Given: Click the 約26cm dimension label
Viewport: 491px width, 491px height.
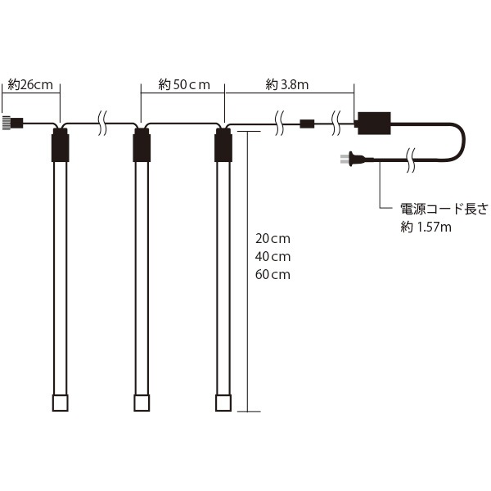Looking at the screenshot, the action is coord(30,85).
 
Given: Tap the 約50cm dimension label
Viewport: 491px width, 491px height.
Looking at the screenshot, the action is coord(184,84).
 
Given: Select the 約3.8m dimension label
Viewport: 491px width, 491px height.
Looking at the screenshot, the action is coord(287,84).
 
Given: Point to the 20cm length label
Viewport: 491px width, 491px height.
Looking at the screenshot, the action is coord(273,239).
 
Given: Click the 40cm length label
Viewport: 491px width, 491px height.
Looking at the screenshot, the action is coord(273,257).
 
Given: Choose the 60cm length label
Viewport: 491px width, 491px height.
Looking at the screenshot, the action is coord(273,275).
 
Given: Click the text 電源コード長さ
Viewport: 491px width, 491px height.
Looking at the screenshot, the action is coord(444,209).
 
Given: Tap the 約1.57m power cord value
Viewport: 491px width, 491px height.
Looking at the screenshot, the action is coord(426,227).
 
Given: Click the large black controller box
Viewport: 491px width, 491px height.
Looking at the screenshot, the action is coord(374,123).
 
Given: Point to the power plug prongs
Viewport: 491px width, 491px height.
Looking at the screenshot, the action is coord(345,159).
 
